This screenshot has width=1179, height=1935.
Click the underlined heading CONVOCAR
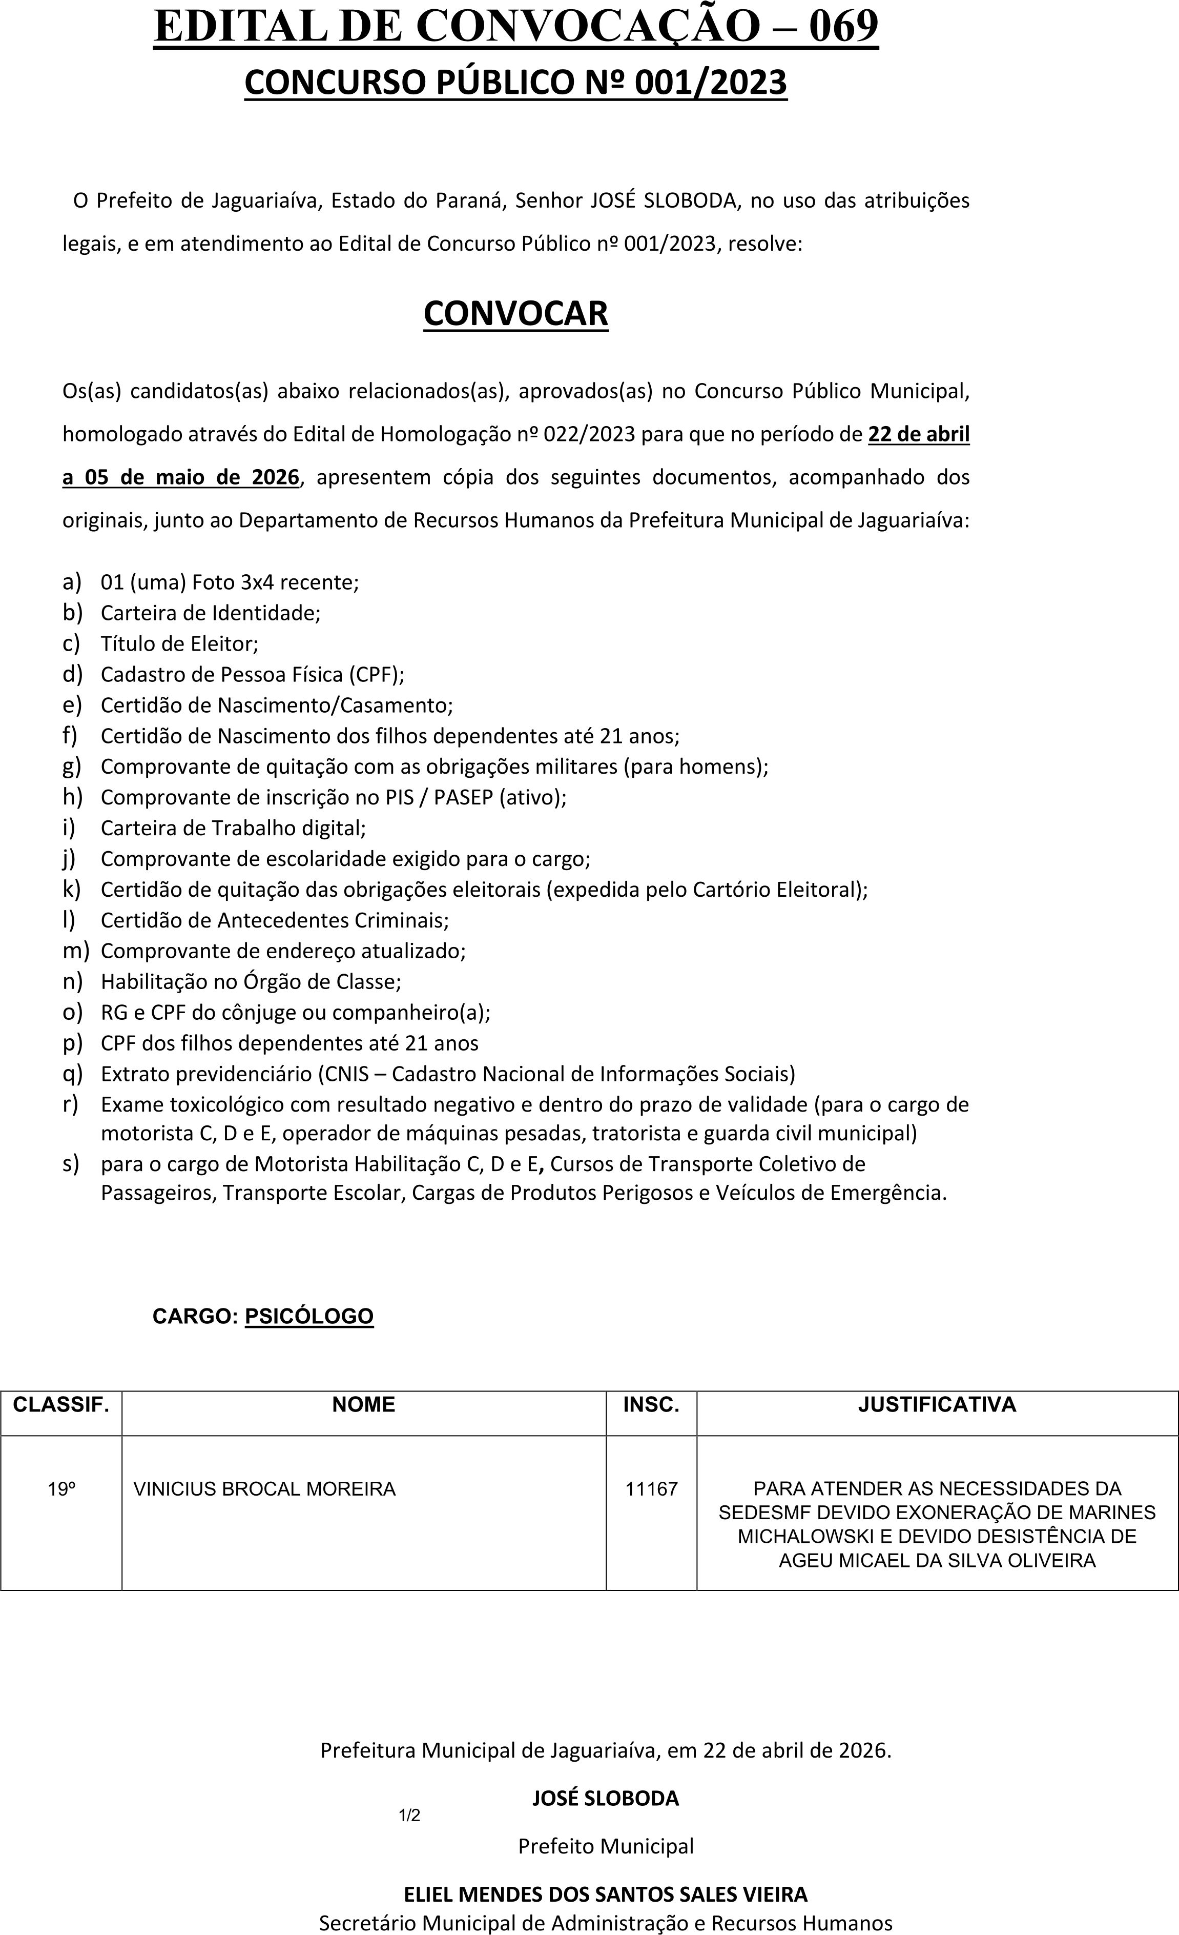pos(515,313)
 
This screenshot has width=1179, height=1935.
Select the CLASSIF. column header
pos(60,1404)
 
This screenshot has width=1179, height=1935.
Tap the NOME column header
pos(363,1404)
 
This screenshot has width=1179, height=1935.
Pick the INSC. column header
pos(651,1404)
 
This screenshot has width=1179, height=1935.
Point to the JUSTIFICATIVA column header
pos(937,1404)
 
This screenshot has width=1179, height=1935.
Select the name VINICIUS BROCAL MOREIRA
pos(264,1489)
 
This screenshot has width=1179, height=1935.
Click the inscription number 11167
pos(651,1489)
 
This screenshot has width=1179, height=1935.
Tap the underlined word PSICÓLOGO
pos(309,1316)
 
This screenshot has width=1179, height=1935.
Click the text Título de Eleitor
pos(179,644)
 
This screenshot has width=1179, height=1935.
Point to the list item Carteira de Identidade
pos(211,613)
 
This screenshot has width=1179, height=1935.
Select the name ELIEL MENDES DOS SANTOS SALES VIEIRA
pos(605,1894)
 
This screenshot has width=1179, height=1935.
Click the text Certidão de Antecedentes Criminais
pos(275,920)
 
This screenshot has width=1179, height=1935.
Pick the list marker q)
pos(72,1074)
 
